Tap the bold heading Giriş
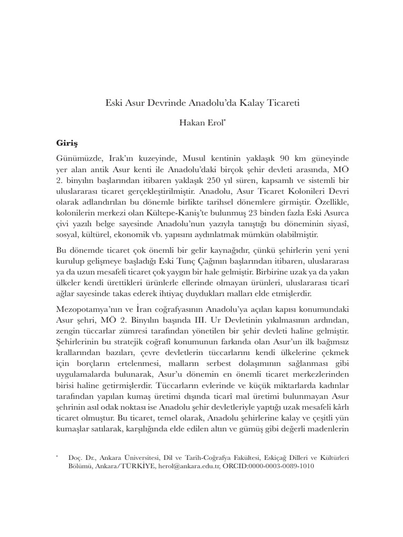click(x=67, y=142)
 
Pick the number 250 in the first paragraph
click(x=217, y=179)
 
